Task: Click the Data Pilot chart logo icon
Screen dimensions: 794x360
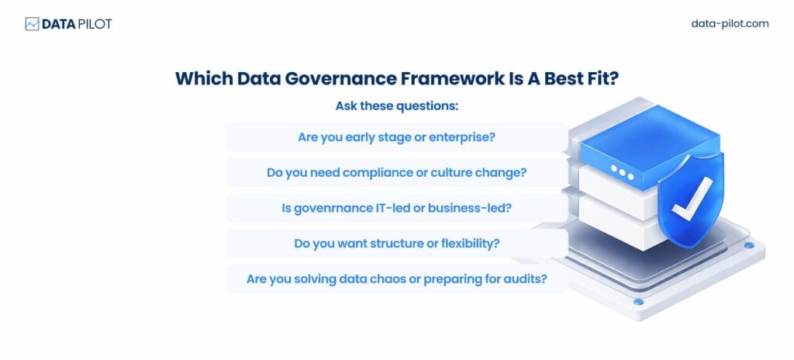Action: pos(32,24)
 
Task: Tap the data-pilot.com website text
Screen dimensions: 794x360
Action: pos(730,24)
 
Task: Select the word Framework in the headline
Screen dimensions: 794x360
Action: pos(452,78)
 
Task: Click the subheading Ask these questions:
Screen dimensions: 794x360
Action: pos(396,106)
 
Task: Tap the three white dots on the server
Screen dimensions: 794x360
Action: pos(622,172)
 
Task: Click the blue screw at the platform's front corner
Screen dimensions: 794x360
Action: pos(639,302)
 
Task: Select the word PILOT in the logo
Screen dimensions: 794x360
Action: pos(95,24)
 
